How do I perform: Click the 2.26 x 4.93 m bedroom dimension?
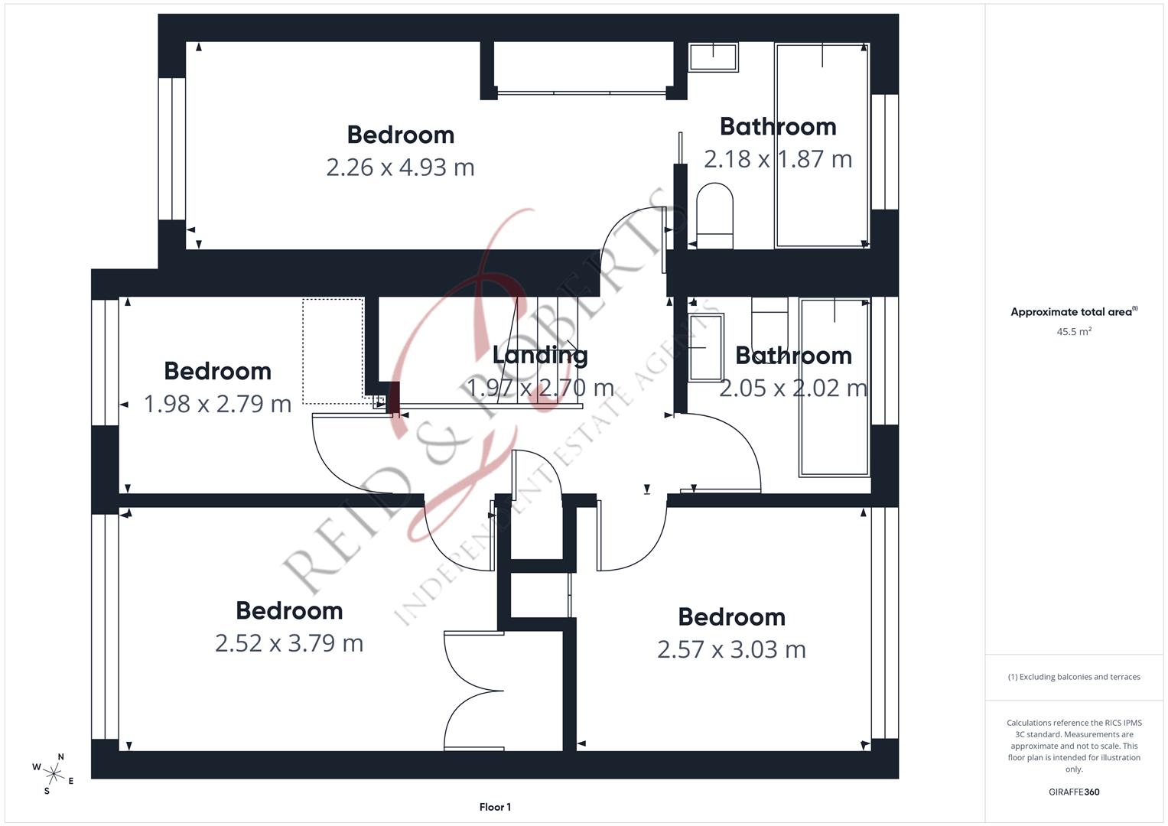coord(400,167)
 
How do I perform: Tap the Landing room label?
coord(540,355)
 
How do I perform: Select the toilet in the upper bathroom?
coord(715,214)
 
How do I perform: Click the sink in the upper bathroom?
coord(713,57)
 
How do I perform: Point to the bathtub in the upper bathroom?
coord(822,145)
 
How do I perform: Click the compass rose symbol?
coord(54,773)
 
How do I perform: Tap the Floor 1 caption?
coord(495,807)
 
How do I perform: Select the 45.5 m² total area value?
coord(1073,332)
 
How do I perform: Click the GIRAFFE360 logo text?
coord(1073,792)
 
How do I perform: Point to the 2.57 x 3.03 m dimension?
coord(731,649)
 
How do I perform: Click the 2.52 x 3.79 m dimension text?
coord(289,643)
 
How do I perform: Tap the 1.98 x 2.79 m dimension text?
coord(218,404)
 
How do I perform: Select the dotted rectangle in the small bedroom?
coord(333,351)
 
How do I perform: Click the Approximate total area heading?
coord(1073,312)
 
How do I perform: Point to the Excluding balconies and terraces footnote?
coord(1073,677)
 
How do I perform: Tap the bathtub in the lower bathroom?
coord(835,387)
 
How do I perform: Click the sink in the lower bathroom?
coord(706,347)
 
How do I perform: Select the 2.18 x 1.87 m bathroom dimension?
coord(777,159)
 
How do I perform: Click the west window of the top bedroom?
coord(172,148)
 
